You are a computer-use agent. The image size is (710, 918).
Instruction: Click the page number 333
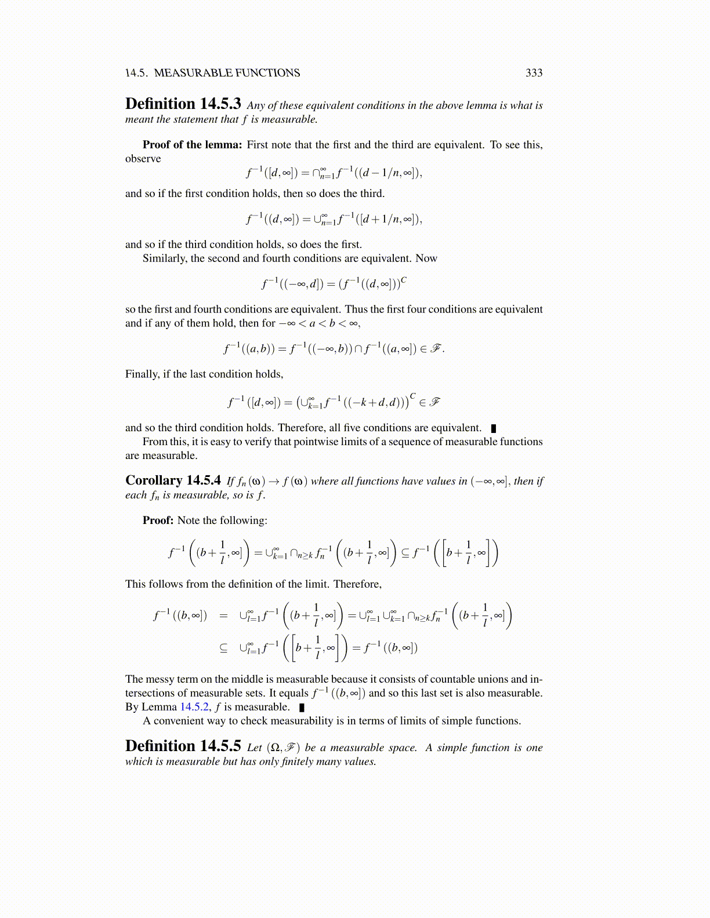(x=534, y=73)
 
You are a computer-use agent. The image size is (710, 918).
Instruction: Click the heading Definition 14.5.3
(x=183, y=104)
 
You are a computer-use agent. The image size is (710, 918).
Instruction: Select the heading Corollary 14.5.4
(x=173, y=480)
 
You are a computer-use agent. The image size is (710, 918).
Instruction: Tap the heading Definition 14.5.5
(x=183, y=746)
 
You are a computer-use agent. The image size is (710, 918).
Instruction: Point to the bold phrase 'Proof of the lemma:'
(x=192, y=145)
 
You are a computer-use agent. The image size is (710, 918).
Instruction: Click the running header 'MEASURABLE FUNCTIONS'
(x=227, y=73)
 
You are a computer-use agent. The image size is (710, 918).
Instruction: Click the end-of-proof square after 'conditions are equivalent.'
(x=494, y=428)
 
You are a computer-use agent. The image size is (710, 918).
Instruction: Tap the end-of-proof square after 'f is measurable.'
(x=302, y=708)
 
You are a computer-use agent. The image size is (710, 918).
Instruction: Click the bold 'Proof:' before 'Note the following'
(x=158, y=520)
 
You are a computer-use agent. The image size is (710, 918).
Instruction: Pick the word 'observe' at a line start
(x=143, y=159)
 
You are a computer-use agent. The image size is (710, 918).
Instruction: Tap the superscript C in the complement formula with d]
(x=404, y=280)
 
